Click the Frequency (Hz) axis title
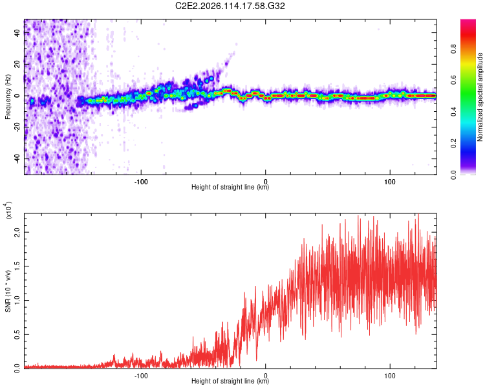(x=8, y=96)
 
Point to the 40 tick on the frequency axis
(x=17, y=34)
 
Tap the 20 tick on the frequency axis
(x=17, y=65)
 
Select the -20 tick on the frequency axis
(x=17, y=127)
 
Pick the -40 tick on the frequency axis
(x=17, y=158)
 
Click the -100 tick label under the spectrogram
(x=141, y=180)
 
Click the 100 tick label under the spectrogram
(x=390, y=180)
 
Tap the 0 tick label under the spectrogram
(x=266, y=180)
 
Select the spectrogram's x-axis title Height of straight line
(x=230, y=188)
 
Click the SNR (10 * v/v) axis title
(x=8, y=291)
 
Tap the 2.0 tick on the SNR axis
(x=17, y=233)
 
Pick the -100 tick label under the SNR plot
(x=141, y=374)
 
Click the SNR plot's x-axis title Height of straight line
(x=230, y=382)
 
